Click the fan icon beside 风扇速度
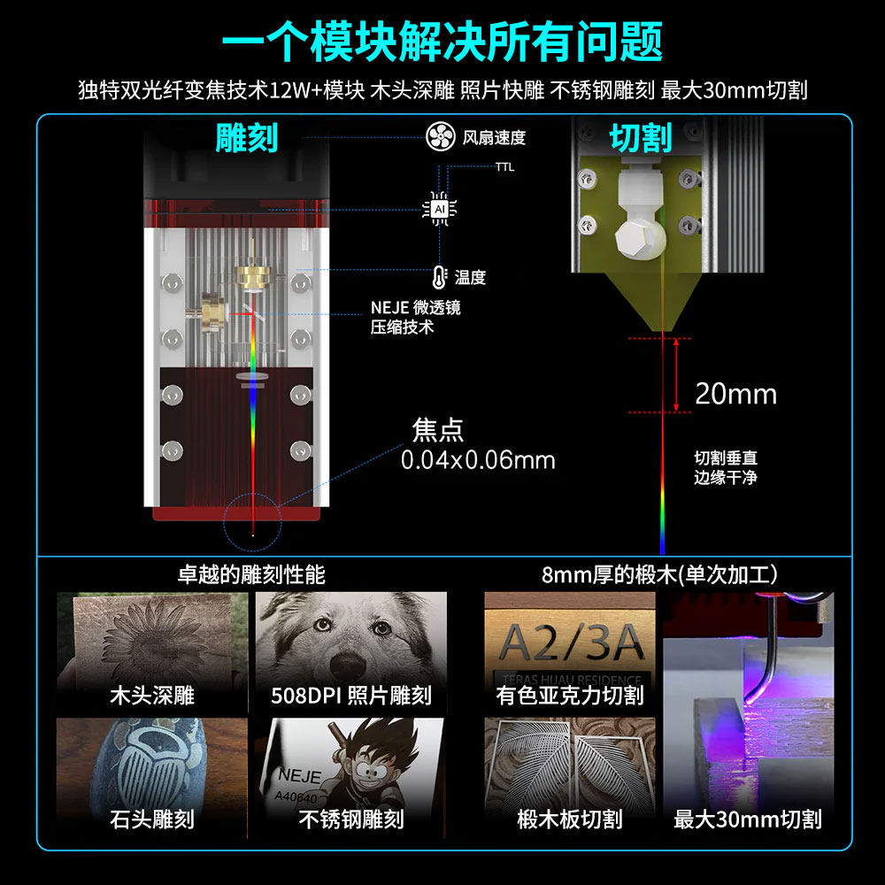(440, 137)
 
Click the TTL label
(504, 166)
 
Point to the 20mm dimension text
(735, 393)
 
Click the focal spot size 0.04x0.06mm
(478, 460)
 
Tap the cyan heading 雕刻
(246, 138)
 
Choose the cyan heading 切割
(641, 138)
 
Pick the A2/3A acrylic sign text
(571, 641)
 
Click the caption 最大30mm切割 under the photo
(748, 820)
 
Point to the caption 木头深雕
(151, 696)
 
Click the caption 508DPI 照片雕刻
(351, 696)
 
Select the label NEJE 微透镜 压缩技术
(415, 318)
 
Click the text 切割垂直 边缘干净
(726, 468)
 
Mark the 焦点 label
(438, 430)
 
